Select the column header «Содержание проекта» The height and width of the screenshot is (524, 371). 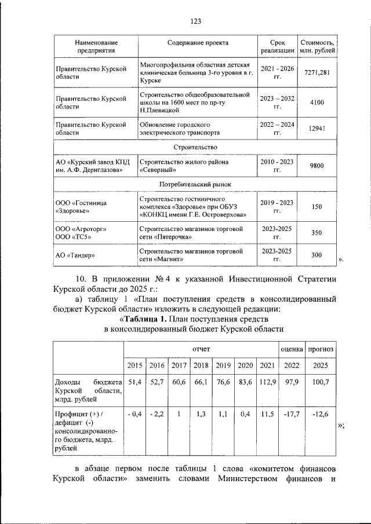click(x=198, y=43)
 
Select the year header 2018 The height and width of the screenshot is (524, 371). click(x=201, y=365)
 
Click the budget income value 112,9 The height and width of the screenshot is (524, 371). click(x=267, y=382)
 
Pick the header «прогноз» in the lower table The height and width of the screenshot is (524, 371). click(x=320, y=349)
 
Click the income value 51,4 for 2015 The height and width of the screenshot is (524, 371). click(x=134, y=382)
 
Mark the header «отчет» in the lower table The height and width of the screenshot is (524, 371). click(x=201, y=349)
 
